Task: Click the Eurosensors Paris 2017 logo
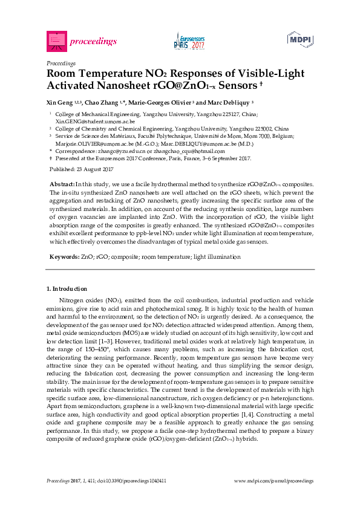[189, 41]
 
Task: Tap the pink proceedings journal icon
[56, 41]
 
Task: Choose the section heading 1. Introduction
[67, 289]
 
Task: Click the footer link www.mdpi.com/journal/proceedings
[273, 481]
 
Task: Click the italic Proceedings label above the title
[61, 63]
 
